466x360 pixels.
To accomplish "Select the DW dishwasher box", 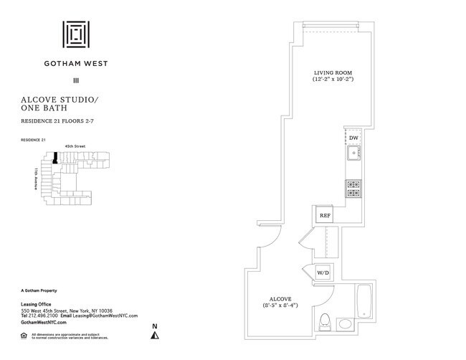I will pyautogui.click(x=353, y=138).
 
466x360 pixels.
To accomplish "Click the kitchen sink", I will pyautogui.click(x=352, y=154).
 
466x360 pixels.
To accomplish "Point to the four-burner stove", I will pyautogui.click(x=352, y=188).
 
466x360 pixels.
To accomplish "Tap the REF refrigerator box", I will pyautogui.click(x=325, y=214).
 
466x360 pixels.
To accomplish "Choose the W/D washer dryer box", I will pyautogui.click(x=323, y=273).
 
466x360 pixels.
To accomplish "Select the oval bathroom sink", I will pyautogui.click(x=346, y=323).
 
